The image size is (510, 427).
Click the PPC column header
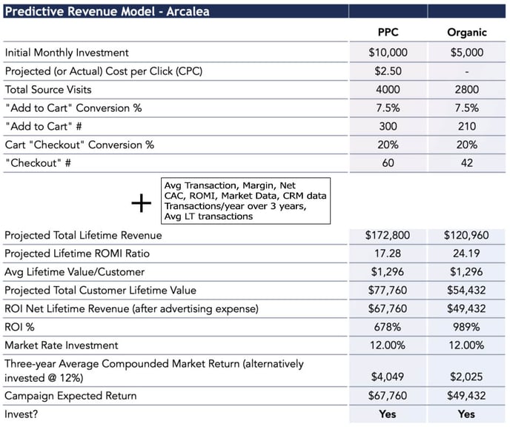click(x=388, y=32)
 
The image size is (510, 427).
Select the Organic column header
click(x=467, y=33)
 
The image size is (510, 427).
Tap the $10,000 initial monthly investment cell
click(x=388, y=53)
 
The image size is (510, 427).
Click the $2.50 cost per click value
click(x=388, y=71)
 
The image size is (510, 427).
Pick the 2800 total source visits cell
click(x=467, y=90)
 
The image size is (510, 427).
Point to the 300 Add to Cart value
click(x=388, y=126)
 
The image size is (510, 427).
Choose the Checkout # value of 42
click(x=467, y=163)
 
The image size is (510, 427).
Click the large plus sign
click(x=141, y=203)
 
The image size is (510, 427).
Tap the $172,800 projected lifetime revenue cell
click(x=388, y=235)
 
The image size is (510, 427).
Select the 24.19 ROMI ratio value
click(x=466, y=254)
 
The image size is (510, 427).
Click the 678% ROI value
click(x=388, y=327)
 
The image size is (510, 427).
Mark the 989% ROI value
click(x=466, y=327)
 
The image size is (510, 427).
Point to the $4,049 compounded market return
click(x=388, y=377)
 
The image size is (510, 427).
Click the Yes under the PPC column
click(x=388, y=414)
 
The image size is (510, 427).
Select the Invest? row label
click(x=21, y=414)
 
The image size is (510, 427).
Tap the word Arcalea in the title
click(x=188, y=11)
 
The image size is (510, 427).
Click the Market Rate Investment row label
click(x=61, y=345)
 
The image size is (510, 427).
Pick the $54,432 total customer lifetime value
click(x=466, y=290)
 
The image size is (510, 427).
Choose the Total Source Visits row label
click(x=48, y=90)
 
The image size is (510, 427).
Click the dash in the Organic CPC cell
click(x=467, y=72)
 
